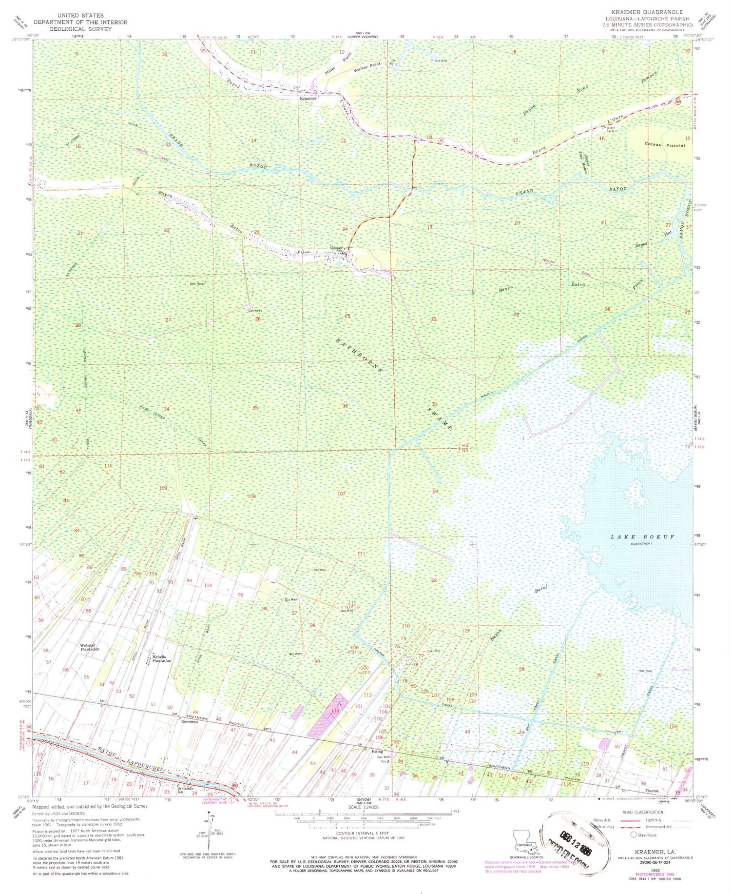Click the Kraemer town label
[308, 98]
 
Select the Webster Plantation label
[90, 647]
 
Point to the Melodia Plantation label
[161, 658]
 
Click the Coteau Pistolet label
[665, 144]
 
